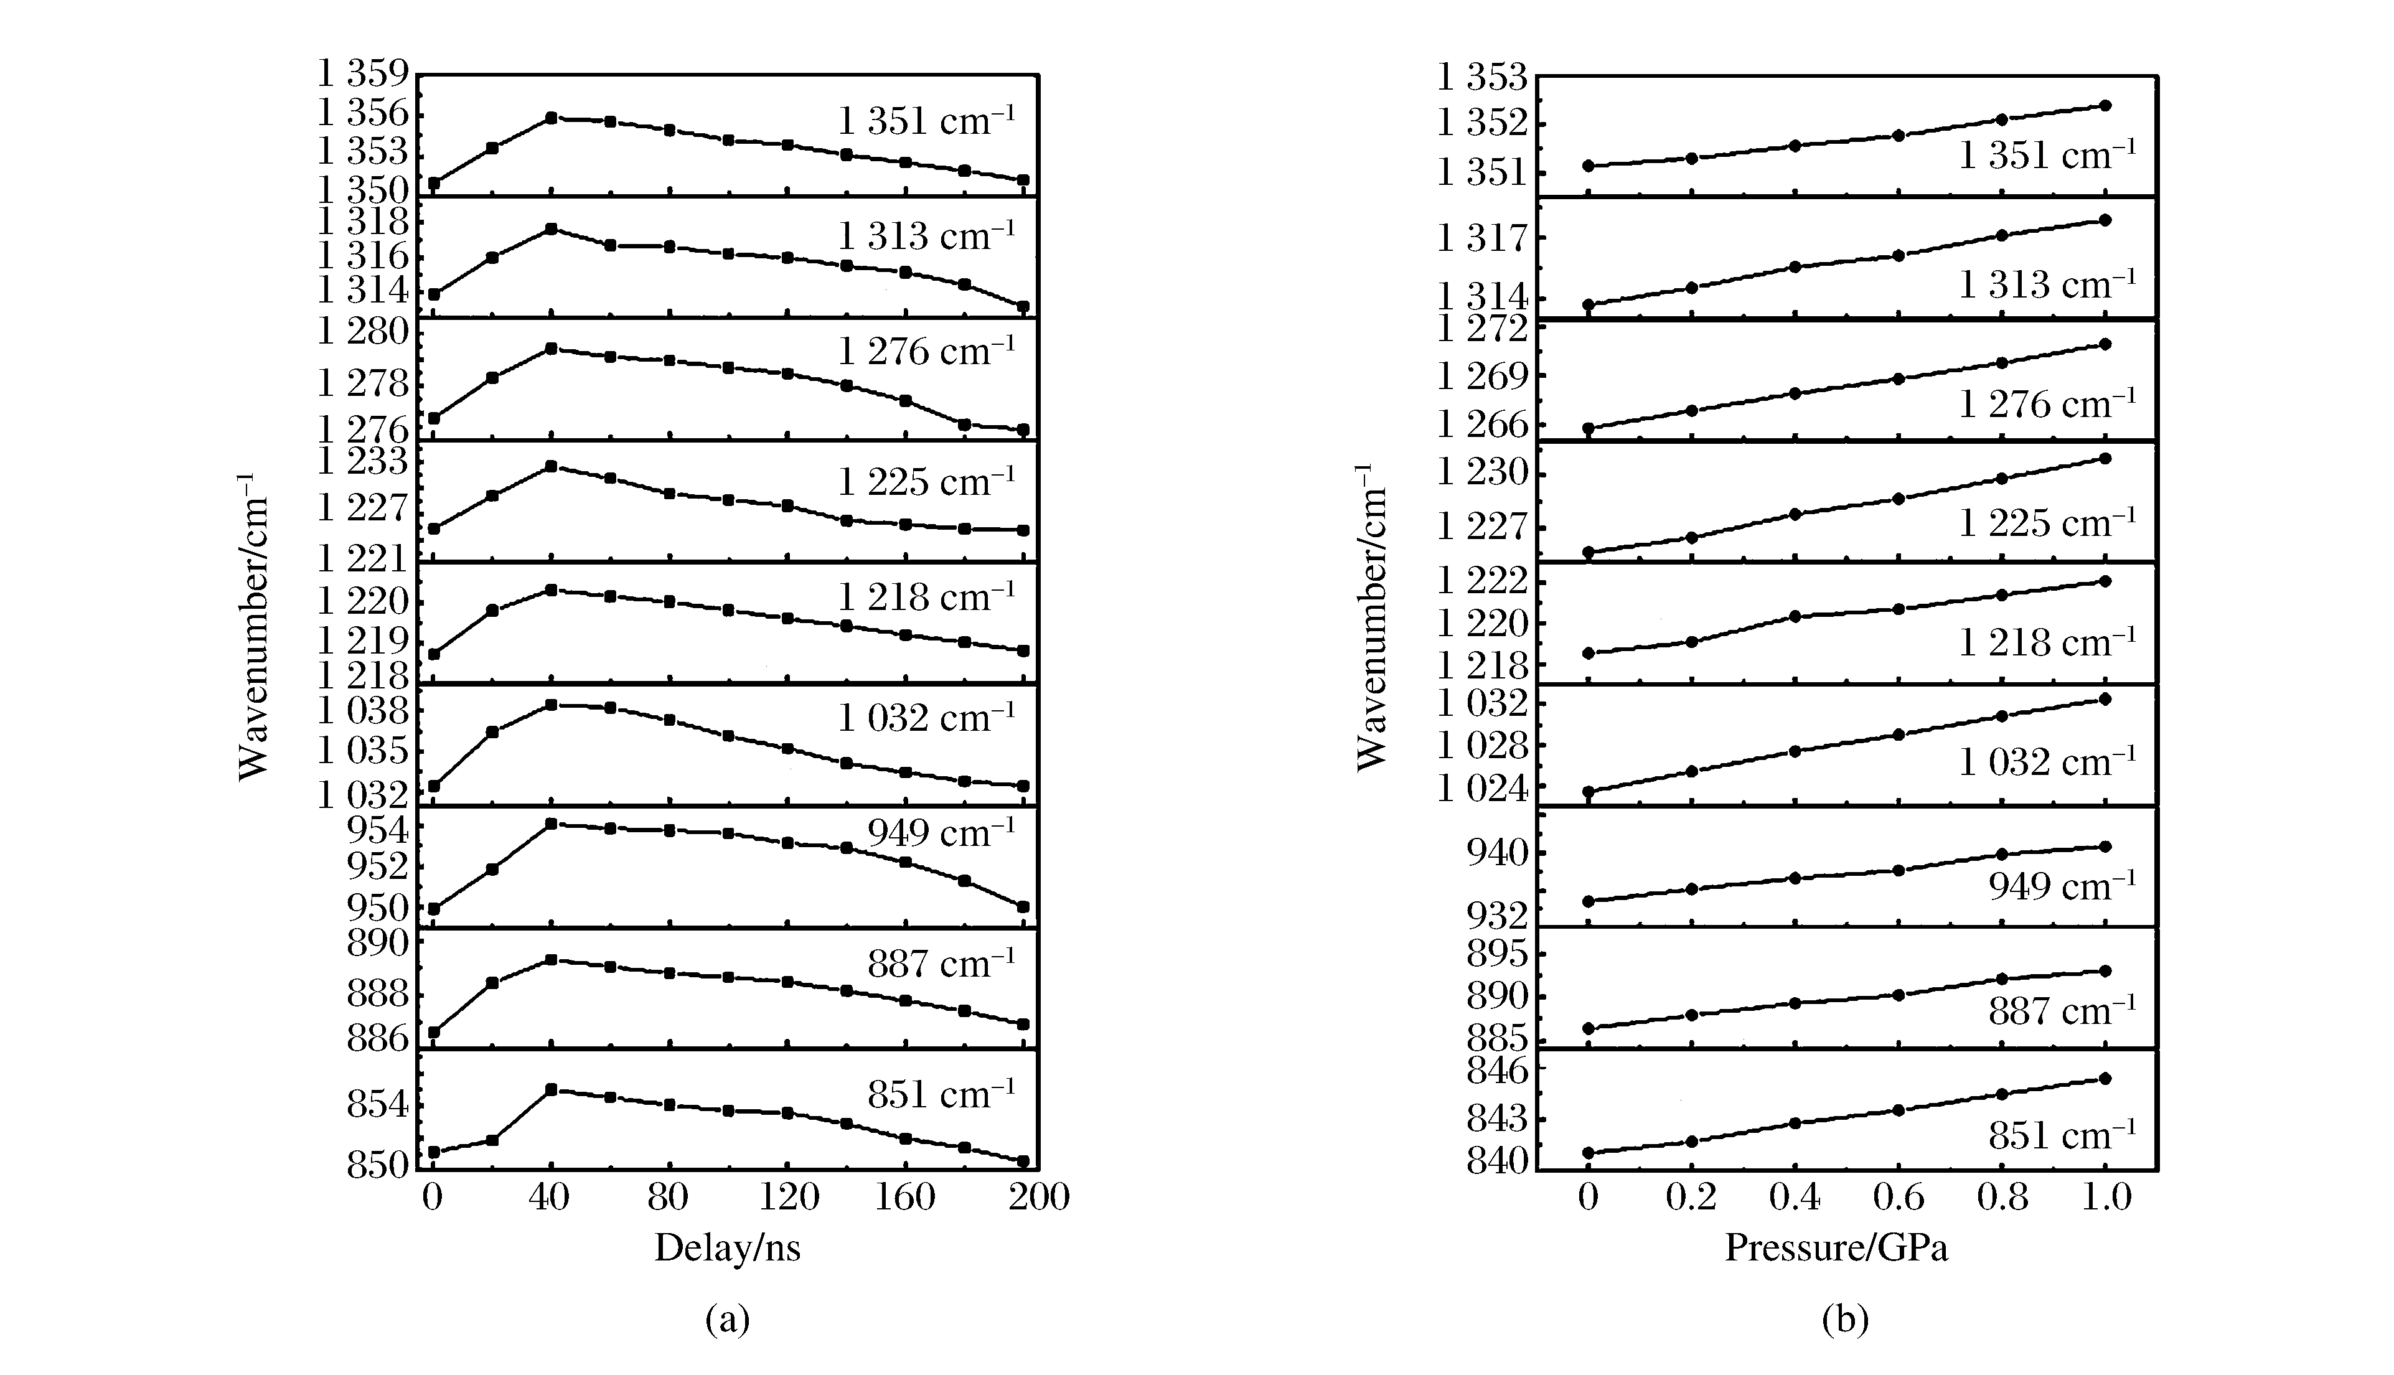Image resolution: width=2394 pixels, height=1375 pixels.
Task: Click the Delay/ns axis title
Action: pyautogui.click(x=727, y=1249)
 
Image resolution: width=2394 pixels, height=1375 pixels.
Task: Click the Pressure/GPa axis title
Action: pyautogui.click(x=1836, y=1249)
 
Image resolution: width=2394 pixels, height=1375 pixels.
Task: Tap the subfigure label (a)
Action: pyautogui.click(x=727, y=1319)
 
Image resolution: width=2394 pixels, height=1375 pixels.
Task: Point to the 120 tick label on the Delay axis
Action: pyautogui.click(x=789, y=1198)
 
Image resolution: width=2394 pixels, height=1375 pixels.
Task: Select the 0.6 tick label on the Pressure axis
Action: pyautogui.click(x=1898, y=1198)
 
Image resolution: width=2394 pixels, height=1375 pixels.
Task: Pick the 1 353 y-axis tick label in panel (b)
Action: pyautogui.click(x=1481, y=77)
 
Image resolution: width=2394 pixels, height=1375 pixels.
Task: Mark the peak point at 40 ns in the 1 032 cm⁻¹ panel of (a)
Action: pyautogui.click(x=552, y=705)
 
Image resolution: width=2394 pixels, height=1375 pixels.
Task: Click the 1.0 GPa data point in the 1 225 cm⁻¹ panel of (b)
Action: pyautogui.click(x=2105, y=458)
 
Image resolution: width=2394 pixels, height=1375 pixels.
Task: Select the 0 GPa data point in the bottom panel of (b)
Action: pyautogui.click(x=1589, y=1153)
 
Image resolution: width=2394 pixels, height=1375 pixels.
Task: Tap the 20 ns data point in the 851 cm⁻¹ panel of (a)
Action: pyautogui.click(x=492, y=1140)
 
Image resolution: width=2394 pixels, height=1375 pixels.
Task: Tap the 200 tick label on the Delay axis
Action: pyautogui.click(x=1037, y=1198)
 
